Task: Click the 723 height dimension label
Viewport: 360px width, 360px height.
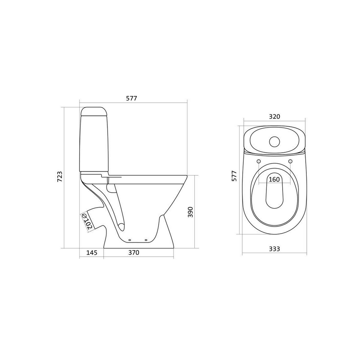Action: [x=59, y=176]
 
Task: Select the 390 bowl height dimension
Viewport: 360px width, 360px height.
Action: [x=191, y=212]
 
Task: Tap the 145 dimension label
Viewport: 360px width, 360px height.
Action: [x=92, y=253]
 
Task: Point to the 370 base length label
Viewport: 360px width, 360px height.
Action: [x=134, y=253]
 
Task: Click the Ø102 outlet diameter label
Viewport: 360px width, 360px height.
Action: [x=87, y=221]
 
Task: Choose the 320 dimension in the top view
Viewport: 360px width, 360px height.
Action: [x=274, y=117]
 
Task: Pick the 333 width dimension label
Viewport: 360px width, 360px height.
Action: [x=274, y=249]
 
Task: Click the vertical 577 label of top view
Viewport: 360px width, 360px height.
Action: [x=234, y=176]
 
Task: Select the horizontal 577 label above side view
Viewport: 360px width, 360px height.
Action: [x=131, y=98]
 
